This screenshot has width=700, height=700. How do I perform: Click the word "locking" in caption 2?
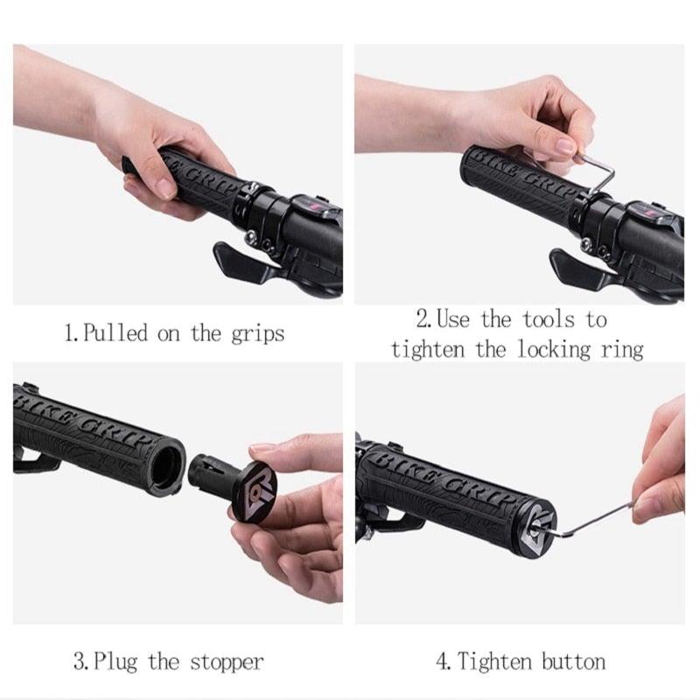546,350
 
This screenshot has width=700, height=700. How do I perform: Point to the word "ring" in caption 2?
619,350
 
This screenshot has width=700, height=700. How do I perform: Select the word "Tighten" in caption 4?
496,661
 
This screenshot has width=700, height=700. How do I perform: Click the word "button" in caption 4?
574,661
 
